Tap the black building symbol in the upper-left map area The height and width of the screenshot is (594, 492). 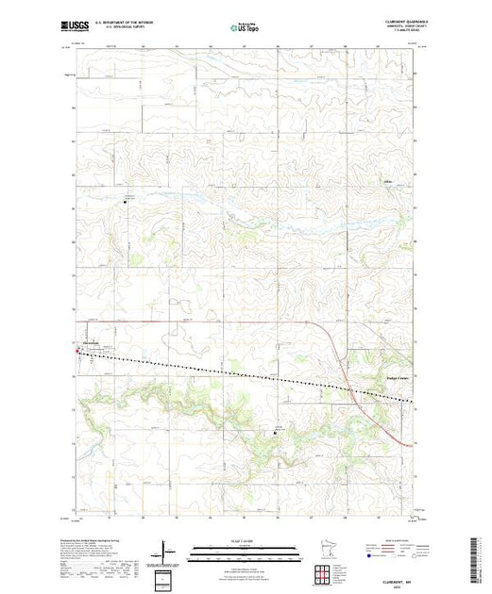(128, 199)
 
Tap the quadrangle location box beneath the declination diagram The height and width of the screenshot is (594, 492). (166, 577)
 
